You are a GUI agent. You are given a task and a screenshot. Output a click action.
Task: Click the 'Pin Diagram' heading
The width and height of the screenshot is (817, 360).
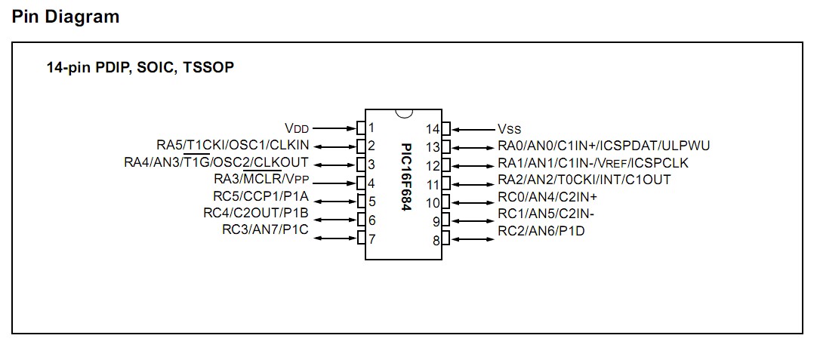[66, 17]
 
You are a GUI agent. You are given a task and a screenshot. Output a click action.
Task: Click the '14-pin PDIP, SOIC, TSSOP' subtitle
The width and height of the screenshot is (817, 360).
[140, 68]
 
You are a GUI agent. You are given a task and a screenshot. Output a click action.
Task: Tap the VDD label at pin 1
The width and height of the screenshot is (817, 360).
[297, 128]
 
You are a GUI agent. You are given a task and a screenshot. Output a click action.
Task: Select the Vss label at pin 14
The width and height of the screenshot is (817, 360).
[509, 129]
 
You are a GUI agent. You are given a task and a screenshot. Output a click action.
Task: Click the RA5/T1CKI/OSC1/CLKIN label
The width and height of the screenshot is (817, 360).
[233, 146]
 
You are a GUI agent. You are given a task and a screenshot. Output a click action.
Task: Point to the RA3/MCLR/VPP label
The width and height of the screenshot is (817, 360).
[262, 180]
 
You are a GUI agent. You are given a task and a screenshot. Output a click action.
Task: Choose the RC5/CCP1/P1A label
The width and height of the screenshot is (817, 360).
[261, 197]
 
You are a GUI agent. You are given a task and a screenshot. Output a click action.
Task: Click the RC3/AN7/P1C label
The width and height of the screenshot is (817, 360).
[265, 229]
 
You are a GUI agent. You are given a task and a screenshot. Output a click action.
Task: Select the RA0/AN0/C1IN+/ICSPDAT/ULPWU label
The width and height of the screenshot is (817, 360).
[603, 146]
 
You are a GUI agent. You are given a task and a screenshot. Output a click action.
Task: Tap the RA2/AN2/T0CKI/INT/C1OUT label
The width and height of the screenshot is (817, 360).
[584, 180]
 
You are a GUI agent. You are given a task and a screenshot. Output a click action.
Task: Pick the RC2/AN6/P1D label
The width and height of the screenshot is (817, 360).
[541, 231]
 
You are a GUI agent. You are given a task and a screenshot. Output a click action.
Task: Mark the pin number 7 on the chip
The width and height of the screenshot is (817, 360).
[372, 239]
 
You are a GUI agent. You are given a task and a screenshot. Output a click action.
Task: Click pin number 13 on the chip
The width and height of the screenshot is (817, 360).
[433, 147]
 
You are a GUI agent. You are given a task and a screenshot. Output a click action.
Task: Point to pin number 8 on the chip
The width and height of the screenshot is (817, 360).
[436, 241]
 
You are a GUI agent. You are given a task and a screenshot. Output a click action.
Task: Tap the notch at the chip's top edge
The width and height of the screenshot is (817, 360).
[405, 113]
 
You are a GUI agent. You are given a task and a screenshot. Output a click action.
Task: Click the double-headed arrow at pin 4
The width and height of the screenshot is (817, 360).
[334, 183]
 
